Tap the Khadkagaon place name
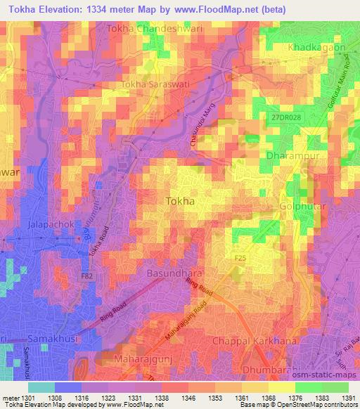(318, 47)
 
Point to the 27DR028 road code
(286, 119)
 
